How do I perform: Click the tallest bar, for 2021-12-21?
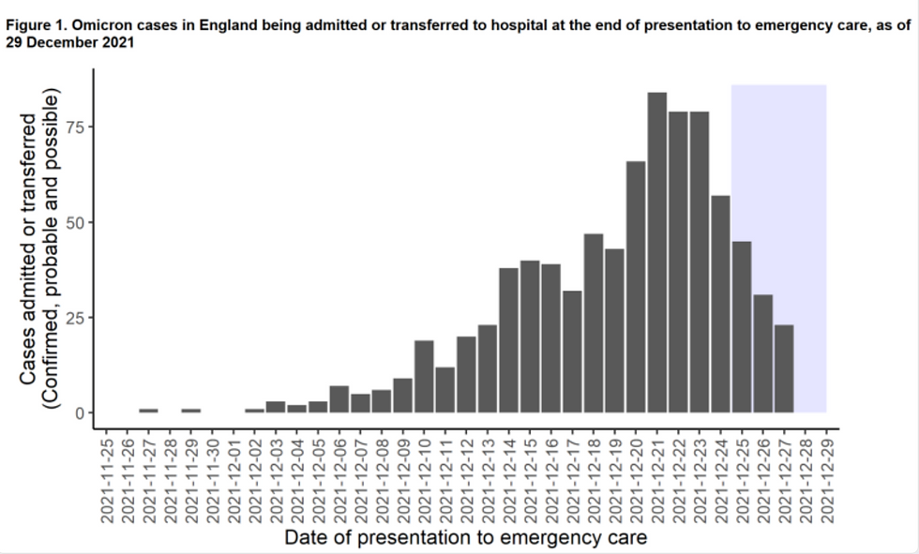click(656, 252)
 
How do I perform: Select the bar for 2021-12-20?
click(636, 287)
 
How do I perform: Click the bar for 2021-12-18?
click(593, 322)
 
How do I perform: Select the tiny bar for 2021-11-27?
click(148, 411)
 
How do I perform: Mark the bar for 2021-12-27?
click(784, 368)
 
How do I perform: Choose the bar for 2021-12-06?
click(339, 399)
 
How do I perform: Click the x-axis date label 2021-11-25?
click(106, 474)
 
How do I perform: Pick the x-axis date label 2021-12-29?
click(826, 474)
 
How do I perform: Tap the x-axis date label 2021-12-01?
click(234, 474)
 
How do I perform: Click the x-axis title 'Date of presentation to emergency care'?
click(465, 538)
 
